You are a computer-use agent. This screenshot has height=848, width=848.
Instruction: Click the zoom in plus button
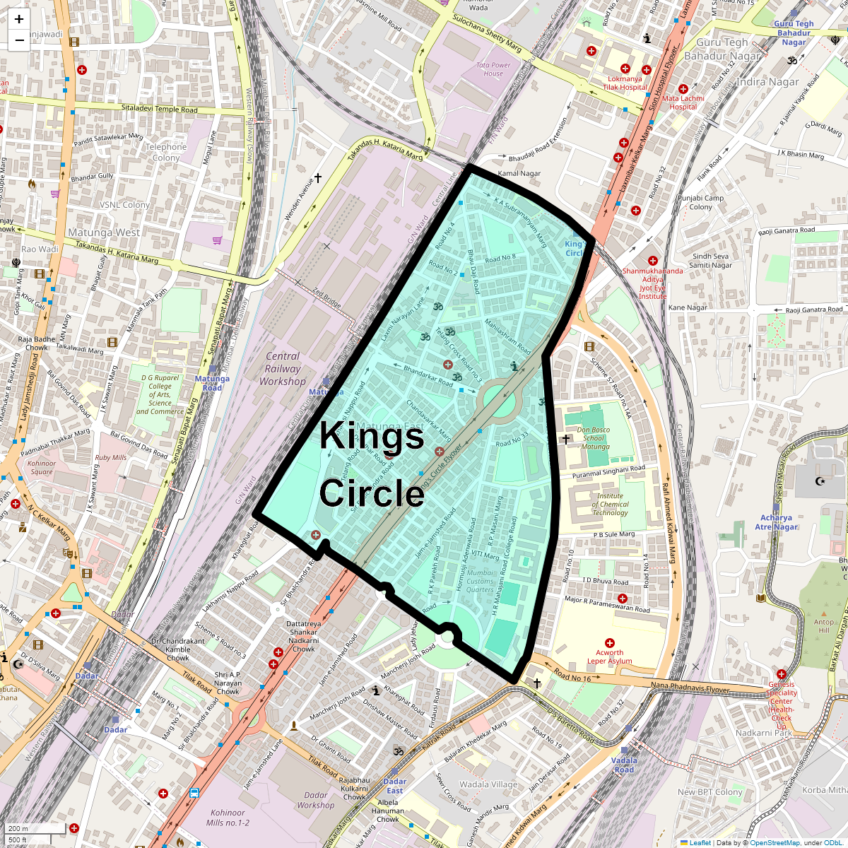[19, 20]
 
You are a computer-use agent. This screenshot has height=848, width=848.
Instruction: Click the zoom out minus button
[19, 40]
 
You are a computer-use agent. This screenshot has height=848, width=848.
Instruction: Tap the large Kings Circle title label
[372, 464]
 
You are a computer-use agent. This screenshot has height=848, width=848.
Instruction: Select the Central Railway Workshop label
[282, 369]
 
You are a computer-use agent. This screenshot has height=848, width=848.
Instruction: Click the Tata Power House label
[493, 69]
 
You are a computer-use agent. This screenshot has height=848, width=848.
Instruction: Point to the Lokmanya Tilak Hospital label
[625, 83]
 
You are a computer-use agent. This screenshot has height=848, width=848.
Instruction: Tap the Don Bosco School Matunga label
[594, 438]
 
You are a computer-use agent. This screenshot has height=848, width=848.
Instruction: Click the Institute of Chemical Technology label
[610, 504]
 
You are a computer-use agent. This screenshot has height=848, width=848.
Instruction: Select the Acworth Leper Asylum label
[609, 657]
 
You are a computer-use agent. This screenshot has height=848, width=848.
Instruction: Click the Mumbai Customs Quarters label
[480, 582]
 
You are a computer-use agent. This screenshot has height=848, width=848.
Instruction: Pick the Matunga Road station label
[212, 383]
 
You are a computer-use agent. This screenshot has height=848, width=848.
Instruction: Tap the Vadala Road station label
[624, 765]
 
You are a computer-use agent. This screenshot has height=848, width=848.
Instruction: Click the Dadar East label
[395, 786]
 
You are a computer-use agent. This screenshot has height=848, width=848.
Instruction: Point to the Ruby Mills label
[111, 457]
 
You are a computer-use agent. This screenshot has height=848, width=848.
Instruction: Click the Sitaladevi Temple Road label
[160, 110]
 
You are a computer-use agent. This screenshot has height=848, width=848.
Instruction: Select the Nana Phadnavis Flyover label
[690, 685]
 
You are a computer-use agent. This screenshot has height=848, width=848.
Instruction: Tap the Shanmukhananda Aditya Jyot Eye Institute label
[652, 283]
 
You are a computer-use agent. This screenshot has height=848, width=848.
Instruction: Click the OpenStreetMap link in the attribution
[775, 842]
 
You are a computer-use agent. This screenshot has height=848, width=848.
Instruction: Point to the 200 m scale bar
[35, 828]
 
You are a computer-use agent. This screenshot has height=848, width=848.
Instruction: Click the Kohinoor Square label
[42, 468]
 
